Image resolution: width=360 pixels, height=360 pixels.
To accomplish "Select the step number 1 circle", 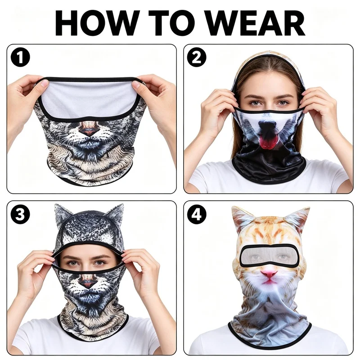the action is (20, 58).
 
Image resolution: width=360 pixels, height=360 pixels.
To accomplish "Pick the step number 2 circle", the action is (197, 58).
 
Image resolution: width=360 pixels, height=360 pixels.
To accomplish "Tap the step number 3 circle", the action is (20, 215).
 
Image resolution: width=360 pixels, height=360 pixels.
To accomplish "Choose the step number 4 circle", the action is (197, 215).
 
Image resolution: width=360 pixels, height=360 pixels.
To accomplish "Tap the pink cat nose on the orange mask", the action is (269, 274).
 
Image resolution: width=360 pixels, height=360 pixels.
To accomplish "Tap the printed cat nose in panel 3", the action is (88, 281).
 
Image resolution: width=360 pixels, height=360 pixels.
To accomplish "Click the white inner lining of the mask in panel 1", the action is (89, 98).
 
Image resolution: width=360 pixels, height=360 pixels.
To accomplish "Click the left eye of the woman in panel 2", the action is (255, 103).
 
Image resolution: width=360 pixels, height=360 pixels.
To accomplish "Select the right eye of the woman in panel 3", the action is (99, 262).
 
